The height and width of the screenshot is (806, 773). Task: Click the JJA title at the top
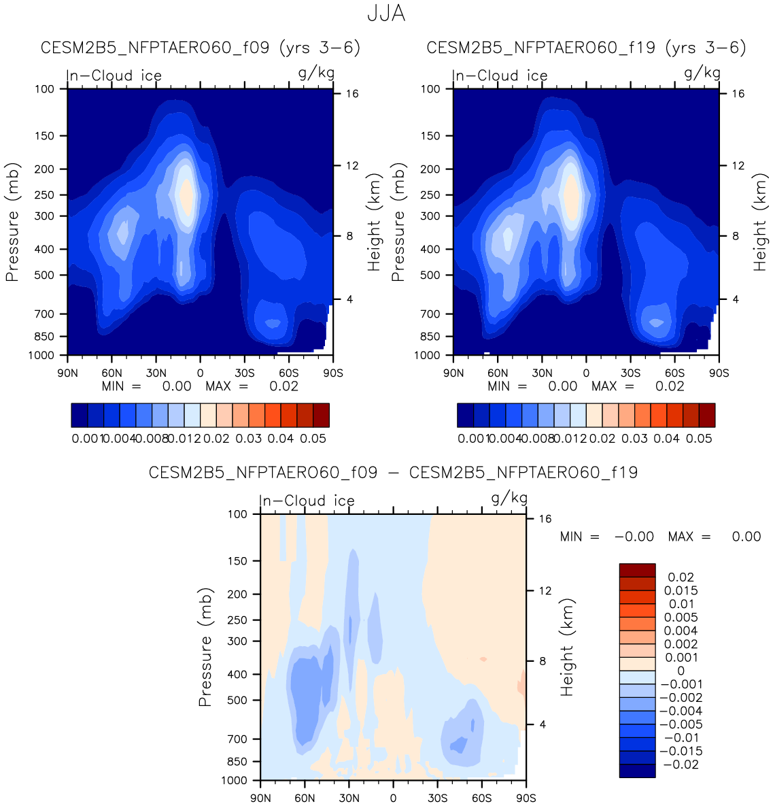[386, 14]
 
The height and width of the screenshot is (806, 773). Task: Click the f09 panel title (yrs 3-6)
[201, 48]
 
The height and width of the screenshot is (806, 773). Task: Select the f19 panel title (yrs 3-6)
[586, 48]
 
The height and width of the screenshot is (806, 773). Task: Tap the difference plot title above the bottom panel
[393, 473]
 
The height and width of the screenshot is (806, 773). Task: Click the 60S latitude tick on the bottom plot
[481, 798]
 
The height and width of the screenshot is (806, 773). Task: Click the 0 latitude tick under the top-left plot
[200, 373]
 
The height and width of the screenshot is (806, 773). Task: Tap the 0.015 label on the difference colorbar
[681, 590]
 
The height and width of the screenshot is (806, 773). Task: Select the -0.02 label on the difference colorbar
[681, 765]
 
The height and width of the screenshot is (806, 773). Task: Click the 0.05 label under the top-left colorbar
[313, 439]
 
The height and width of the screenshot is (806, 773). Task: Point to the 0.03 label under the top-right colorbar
[634, 439]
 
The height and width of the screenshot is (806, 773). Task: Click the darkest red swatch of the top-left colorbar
[321, 415]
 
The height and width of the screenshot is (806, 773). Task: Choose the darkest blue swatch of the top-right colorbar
[465, 415]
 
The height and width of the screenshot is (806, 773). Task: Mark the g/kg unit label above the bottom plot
[509, 499]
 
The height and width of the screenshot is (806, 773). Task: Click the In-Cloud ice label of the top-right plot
[500, 76]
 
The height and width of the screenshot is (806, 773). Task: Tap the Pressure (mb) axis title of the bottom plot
[205, 647]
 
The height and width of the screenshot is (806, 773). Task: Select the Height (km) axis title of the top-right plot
[759, 222]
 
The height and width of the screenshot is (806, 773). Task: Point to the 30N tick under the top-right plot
[542, 373]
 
